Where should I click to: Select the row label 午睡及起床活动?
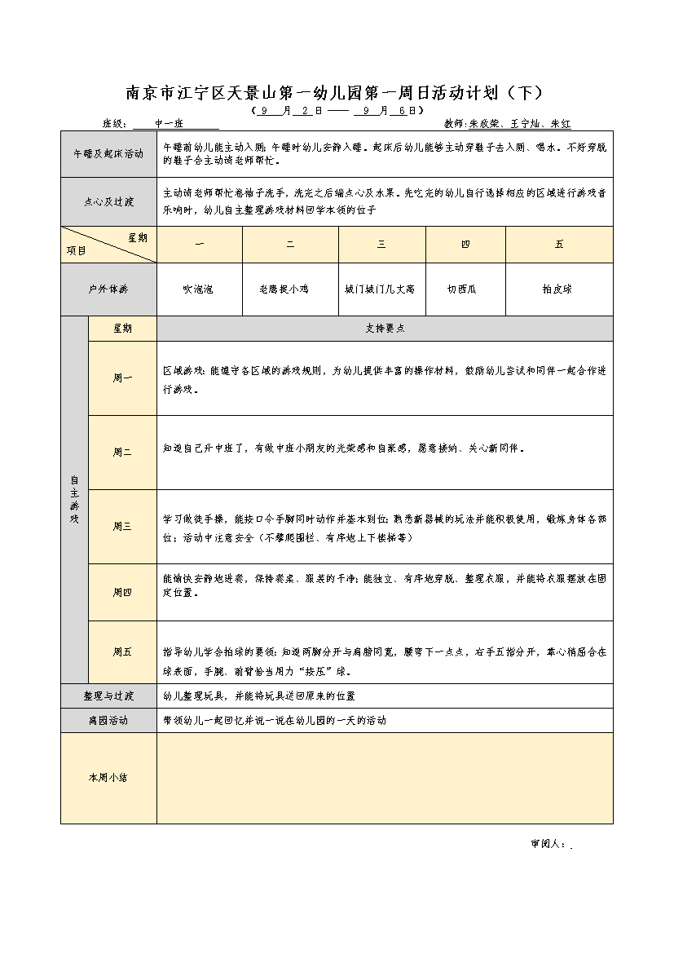pos(108,153)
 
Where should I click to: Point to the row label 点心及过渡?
pos(108,201)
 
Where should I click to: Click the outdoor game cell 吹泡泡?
pos(198,289)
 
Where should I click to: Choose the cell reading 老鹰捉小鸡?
pos(289,289)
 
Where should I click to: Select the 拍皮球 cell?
pos(558,289)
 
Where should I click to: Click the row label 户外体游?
pos(108,289)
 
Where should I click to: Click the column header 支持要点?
pos(385,328)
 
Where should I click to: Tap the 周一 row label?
pos(122,378)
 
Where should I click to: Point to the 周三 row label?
pos(122,526)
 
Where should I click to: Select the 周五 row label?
pos(122,651)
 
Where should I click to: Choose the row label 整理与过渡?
pos(108,696)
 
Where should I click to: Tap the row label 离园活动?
pos(108,721)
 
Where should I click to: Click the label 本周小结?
pos(108,778)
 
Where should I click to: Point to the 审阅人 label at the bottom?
pos(547,844)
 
